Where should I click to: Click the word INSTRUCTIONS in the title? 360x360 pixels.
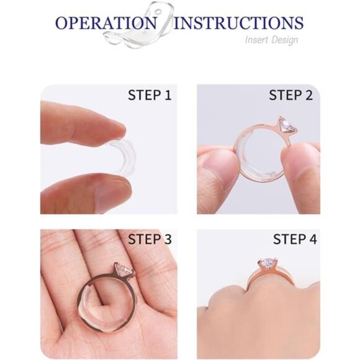click(239, 24)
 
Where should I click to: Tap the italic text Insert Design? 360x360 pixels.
click(274, 40)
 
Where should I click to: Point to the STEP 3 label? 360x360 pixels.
click(149, 239)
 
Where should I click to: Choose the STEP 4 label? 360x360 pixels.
click(290, 239)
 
